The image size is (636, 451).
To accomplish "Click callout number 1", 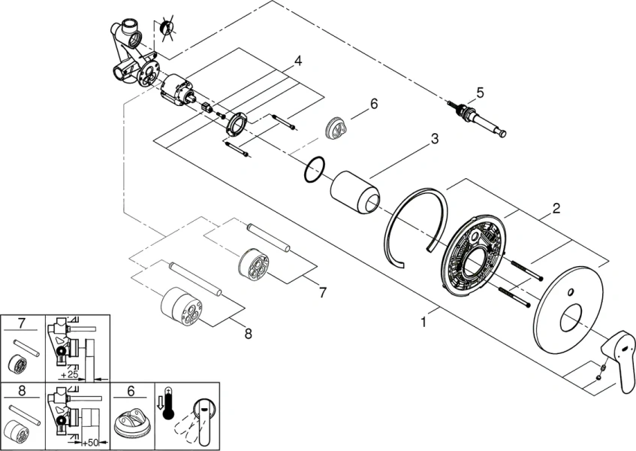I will click(424, 322).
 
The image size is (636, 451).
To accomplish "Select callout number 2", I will click(556, 208).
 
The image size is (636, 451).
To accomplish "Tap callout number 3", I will click(434, 140).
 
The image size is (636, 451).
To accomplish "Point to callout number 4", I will click(298, 60).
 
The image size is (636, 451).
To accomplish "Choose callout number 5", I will click(480, 93).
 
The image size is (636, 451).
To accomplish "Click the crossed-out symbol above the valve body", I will click(167, 28).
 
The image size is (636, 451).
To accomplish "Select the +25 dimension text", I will click(71, 373).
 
